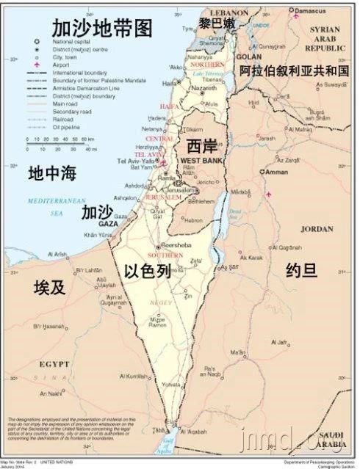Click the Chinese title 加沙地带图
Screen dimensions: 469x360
tap(102, 29)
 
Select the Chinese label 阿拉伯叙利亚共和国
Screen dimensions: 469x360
tap(298, 71)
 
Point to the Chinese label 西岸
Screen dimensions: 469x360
tap(201, 145)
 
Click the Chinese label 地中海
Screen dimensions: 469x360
tap(52, 174)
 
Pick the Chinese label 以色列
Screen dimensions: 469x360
tap(147, 271)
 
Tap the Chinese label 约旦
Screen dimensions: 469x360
tap(301, 271)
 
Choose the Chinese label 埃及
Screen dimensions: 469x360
tap(49, 287)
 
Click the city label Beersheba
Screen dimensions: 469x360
tap(176, 246)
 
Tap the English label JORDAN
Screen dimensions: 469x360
tap(317, 229)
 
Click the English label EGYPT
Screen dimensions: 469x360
tap(54, 363)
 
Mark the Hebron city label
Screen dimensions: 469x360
tap(193, 219)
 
